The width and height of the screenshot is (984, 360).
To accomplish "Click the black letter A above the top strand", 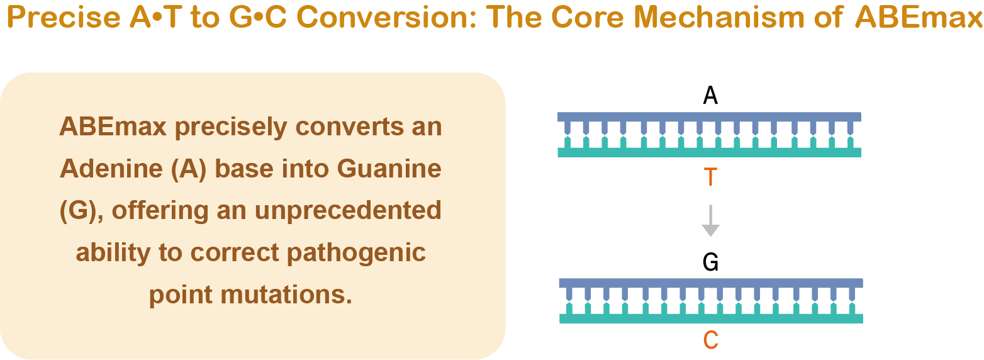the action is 710,95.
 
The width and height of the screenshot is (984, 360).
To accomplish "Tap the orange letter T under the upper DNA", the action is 710,177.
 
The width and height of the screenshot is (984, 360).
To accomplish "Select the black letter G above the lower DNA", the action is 711,262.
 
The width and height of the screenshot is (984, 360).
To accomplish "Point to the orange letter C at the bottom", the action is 711,340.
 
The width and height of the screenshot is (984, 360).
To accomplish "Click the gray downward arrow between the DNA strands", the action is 710,221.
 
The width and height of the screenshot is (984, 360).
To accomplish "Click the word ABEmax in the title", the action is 919,18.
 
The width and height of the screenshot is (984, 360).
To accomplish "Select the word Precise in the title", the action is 64,18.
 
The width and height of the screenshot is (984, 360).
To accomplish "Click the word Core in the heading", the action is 588,18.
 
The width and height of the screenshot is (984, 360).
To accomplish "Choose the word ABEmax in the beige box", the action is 113,127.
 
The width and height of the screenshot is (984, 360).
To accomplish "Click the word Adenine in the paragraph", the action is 111,169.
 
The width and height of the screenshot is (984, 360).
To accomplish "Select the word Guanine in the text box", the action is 389,169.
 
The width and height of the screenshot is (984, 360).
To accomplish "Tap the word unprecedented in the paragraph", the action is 349,211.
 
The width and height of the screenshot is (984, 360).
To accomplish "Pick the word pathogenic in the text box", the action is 356,253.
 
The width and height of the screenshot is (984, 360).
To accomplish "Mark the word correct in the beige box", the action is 235,253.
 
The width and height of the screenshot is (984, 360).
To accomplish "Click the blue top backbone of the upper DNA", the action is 709,116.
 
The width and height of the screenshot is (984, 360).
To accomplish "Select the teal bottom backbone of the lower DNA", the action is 711,318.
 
